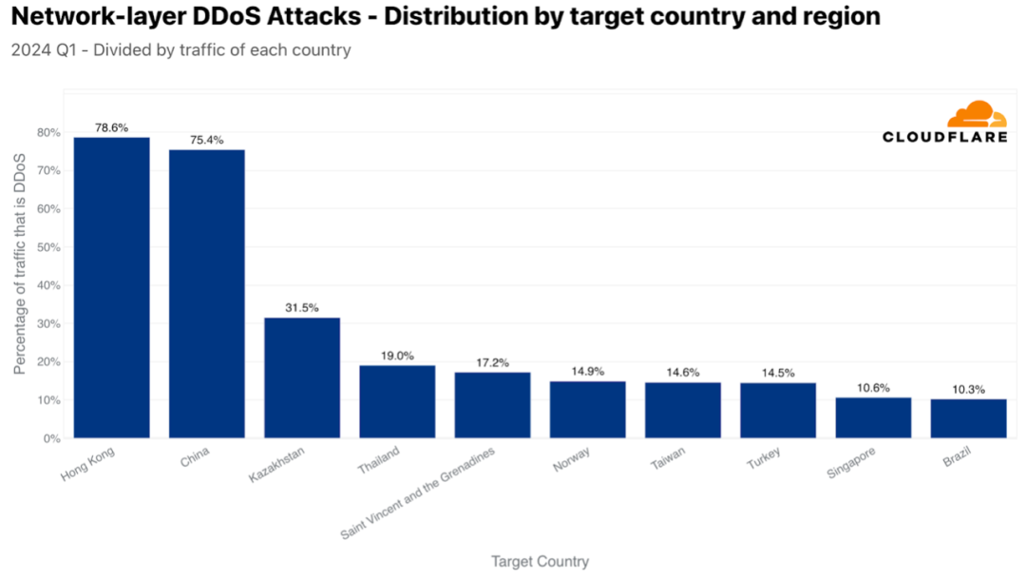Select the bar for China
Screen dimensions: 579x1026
tap(207, 294)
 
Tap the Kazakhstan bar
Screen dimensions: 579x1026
tap(302, 377)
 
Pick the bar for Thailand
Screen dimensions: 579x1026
tap(397, 401)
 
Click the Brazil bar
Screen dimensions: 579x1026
tap(968, 418)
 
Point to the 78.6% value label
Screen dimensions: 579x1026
tap(112, 127)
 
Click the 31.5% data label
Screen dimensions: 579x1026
tap(302, 308)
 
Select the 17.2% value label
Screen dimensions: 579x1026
tap(492, 362)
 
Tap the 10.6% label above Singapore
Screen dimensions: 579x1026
tap(873, 388)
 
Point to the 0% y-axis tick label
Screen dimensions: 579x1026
tap(51, 438)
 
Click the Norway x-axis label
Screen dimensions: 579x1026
tap(571, 459)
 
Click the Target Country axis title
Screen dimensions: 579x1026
tap(540, 562)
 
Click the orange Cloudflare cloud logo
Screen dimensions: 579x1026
tap(977, 115)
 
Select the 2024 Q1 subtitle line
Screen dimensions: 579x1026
tap(180, 50)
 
